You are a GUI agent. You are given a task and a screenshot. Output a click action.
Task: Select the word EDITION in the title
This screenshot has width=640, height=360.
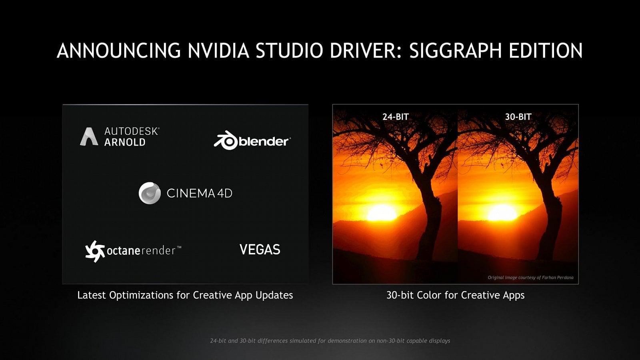click(x=546, y=51)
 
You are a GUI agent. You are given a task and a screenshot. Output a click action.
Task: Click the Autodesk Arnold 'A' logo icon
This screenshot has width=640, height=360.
click(x=89, y=136)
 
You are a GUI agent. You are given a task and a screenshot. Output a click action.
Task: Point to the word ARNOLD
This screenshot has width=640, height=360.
click(x=125, y=142)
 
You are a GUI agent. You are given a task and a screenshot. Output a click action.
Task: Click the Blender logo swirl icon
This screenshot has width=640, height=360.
click(x=226, y=140)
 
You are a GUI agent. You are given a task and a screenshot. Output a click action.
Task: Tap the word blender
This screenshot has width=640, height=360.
click(x=264, y=141)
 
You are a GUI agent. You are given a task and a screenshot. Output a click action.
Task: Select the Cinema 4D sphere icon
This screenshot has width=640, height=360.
click(x=150, y=193)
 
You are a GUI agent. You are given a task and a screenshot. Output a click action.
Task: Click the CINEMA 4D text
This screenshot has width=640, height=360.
click(x=199, y=194)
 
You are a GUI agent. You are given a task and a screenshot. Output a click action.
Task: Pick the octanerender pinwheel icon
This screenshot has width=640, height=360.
click(x=95, y=251)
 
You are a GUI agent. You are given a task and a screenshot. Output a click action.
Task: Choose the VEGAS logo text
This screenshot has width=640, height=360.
click(x=260, y=250)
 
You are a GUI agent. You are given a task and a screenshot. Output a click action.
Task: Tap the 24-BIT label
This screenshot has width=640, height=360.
click(x=395, y=117)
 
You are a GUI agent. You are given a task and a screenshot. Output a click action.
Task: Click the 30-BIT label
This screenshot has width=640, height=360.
click(x=518, y=117)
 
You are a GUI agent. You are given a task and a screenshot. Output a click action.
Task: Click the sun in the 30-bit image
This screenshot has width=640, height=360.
click(x=502, y=212)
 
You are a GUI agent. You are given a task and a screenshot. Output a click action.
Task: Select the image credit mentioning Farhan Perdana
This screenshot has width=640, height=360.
click(x=530, y=277)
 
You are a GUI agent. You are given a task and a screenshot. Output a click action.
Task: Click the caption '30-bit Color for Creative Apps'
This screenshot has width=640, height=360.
click(x=455, y=295)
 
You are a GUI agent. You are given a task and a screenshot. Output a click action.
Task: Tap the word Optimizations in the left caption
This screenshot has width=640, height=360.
click(x=142, y=295)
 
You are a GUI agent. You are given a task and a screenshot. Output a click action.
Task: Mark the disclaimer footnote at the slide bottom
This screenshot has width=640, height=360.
click(x=330, y=341)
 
